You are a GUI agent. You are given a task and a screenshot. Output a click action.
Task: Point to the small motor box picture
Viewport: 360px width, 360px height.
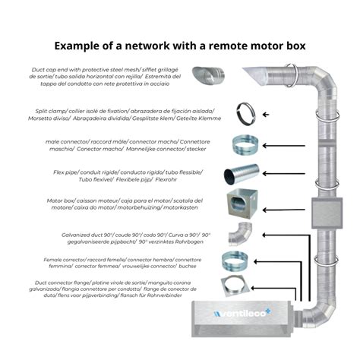click(x=238, y=204)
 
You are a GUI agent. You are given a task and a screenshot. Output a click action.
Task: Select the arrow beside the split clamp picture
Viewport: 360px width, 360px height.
click(x=266, y=114)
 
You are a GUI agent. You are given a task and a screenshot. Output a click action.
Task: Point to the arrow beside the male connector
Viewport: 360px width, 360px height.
click(x=289, y=144)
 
